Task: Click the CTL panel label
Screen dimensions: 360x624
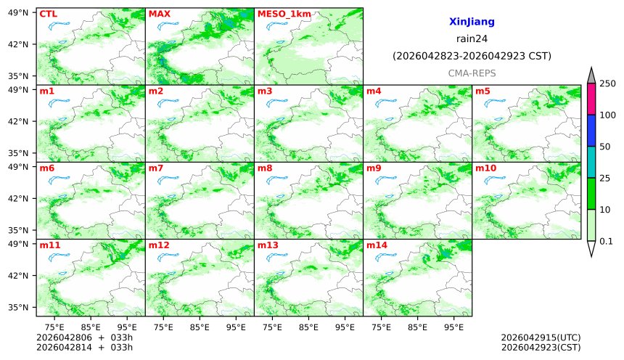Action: pos(48,14)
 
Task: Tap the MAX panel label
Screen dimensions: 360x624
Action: pos(159,14)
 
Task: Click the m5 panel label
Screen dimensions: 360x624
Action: pos(483,91)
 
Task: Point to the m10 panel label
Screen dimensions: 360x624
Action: pos(485,168)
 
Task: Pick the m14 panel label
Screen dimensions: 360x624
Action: pos(377,245)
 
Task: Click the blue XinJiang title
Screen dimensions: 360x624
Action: pos(472,22)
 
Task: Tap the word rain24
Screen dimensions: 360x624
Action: pos(472,39)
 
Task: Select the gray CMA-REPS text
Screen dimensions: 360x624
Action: pos(472,73)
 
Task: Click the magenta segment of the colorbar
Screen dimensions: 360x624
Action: pos(591,99)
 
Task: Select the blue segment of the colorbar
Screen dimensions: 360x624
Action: pos(591,131)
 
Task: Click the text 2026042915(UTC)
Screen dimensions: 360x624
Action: pos(541,338)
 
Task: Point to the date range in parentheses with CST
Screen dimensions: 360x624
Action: pos(472,56)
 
